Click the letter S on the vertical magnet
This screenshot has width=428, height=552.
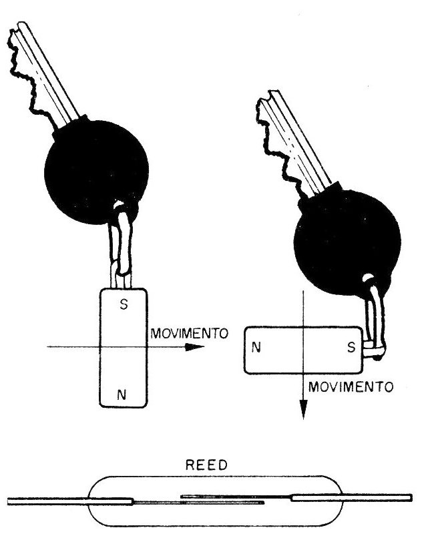[124, 304]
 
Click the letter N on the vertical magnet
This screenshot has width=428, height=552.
[122, 395]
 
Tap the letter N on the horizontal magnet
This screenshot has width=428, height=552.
[256, 348]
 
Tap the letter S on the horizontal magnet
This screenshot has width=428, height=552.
[351, 348]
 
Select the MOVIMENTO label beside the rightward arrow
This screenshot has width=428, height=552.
[190, 333]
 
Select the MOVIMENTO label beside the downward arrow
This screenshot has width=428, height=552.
[351, 387]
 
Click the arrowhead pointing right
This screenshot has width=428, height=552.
[194, 347]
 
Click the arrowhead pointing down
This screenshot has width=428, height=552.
[303, 409]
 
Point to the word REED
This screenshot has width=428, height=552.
[206, 465]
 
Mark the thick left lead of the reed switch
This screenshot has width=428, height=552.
[70, 501]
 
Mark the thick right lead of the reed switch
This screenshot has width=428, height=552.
[351, 498]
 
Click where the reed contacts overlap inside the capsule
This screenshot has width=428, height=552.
[222, 499]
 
